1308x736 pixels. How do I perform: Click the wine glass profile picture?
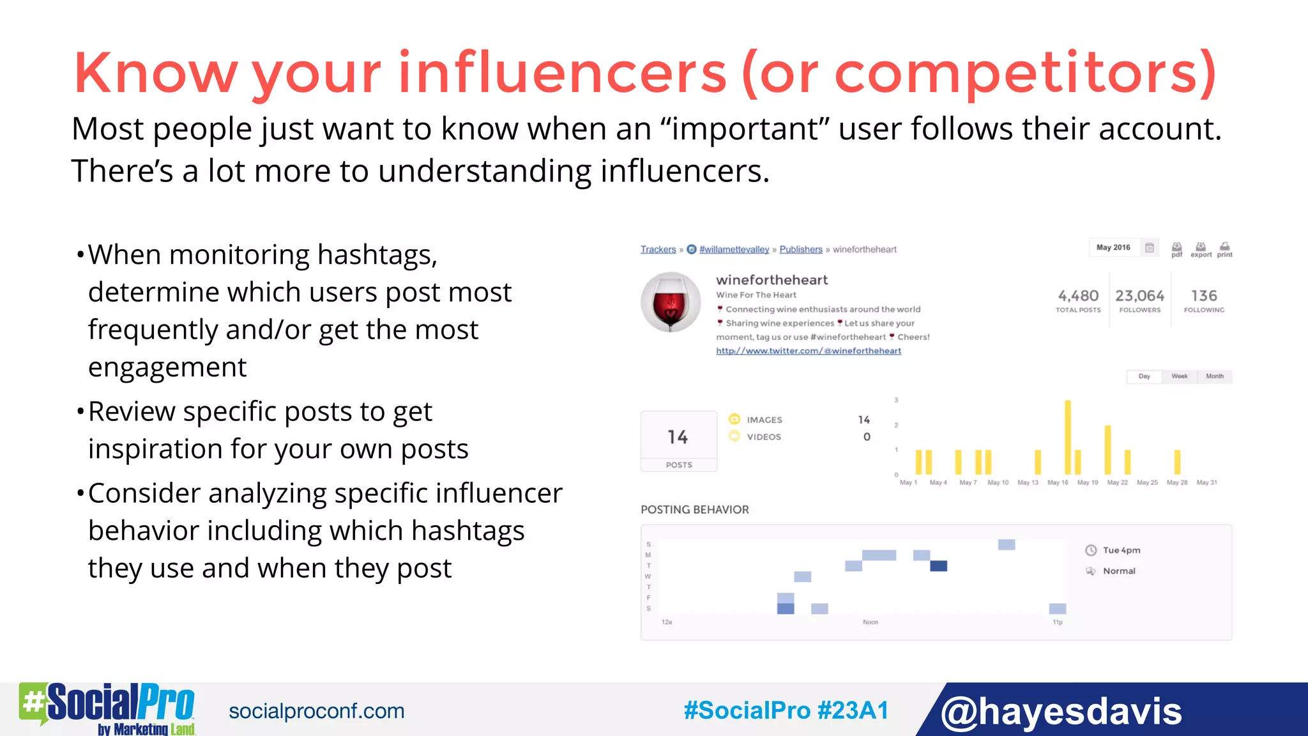click(671, 302)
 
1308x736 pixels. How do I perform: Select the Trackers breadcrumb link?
click(658, 249)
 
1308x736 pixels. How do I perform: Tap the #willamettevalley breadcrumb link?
click(734, 249)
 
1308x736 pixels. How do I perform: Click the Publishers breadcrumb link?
click(800, 249)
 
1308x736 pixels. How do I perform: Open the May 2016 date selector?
click(1113, 247)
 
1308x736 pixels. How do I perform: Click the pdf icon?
click(1176, 249)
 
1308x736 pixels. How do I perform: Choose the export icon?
click(1201, 249)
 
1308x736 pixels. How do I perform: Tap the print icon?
click(1224, 249)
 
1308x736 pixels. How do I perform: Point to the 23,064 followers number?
click(1139, 296)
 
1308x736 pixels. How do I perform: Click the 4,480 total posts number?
click(1078, 296)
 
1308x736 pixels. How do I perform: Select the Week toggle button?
click(1179, 376)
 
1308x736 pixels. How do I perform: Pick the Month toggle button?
click(1214, 376)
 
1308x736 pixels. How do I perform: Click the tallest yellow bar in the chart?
click(1067, 438)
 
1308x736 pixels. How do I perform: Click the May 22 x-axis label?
click(1117, 482)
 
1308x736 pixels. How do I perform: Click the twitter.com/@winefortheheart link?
click(808, 351)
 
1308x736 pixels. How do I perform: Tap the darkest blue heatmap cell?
click(938, 566)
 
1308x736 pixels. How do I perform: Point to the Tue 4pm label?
click(1121, 550)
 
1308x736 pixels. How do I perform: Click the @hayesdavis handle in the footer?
click(1061, 711)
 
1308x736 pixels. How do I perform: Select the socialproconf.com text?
click(316, 711)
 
